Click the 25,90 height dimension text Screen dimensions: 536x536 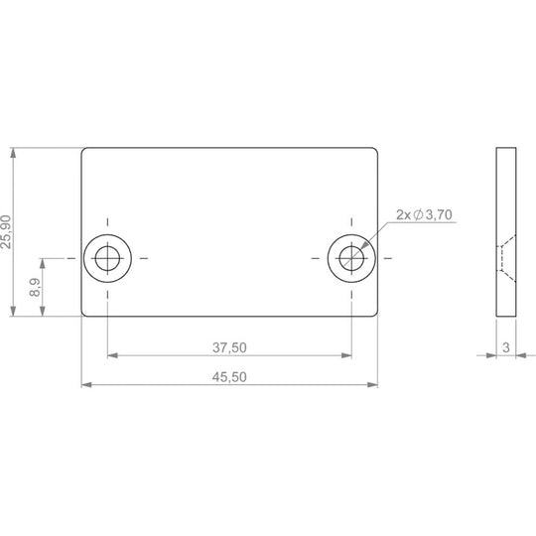(x=6, y=231)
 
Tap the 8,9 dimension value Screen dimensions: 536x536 (x=35, y=287)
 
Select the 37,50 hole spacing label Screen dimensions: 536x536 (x=229, y=347)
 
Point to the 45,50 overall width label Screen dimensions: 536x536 (x=229, y=377)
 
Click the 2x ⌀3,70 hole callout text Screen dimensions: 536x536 (x=424, y=214)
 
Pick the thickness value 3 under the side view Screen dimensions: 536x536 (x=506, y=347)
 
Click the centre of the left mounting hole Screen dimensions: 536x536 (x=107, y=258)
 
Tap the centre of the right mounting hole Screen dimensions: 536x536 (x=351, y=258)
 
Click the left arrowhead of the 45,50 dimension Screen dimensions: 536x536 (x=86, y=385)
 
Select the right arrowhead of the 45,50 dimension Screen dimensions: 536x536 (x=372, y=385)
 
